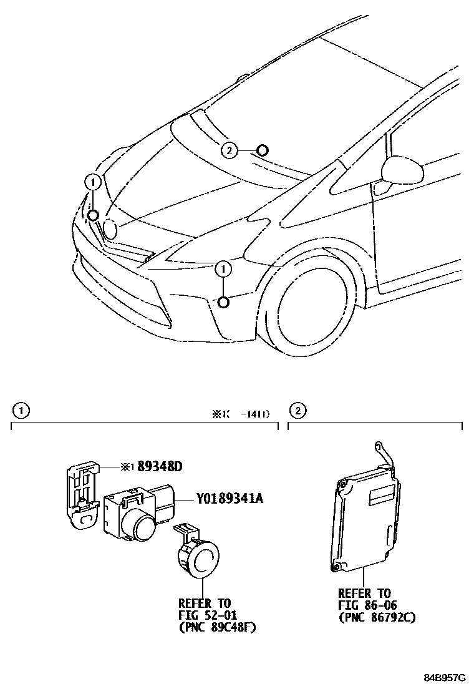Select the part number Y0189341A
click(x=230, y=499)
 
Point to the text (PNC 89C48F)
click(x=217, y=627)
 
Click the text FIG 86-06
click(x=367, y=605)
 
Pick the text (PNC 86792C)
click(x=377, y=617)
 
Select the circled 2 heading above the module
click(x=298, y=411)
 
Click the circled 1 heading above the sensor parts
click(x=22, y=411)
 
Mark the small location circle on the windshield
click(x=263, y=150)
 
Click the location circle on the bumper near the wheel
click(x=223, y=302)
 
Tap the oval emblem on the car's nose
click(x=110, y=229)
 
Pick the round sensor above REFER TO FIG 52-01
click(x=200, y=557)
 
